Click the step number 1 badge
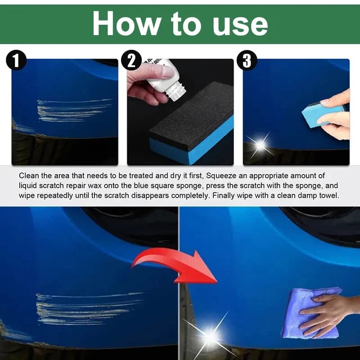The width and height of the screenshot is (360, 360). click(x=17, y=61)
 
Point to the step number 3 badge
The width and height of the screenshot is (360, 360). click(x=247, y=61)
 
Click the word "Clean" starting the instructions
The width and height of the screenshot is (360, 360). click(x=29, y=176)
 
